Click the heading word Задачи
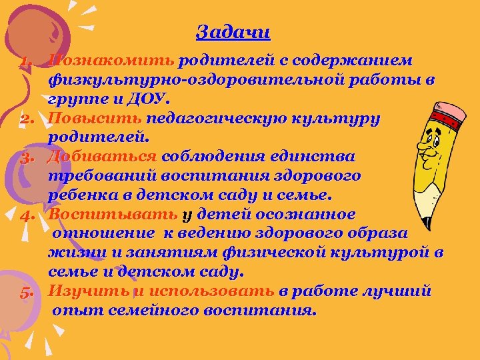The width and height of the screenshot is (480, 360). point(233,31)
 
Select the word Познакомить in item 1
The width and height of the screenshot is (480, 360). point(112,61)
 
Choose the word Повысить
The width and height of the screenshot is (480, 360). point(95,119)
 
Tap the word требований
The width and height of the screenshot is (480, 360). point(97,177)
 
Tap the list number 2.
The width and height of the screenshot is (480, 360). point(26,120)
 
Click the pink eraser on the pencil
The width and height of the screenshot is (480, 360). point(448,115)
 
